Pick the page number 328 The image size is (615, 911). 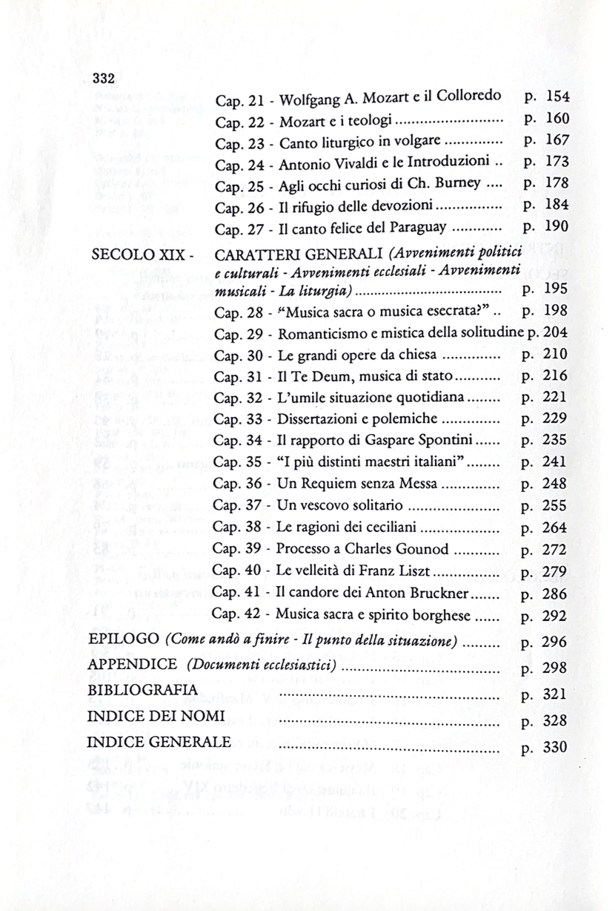coord(555,720)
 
